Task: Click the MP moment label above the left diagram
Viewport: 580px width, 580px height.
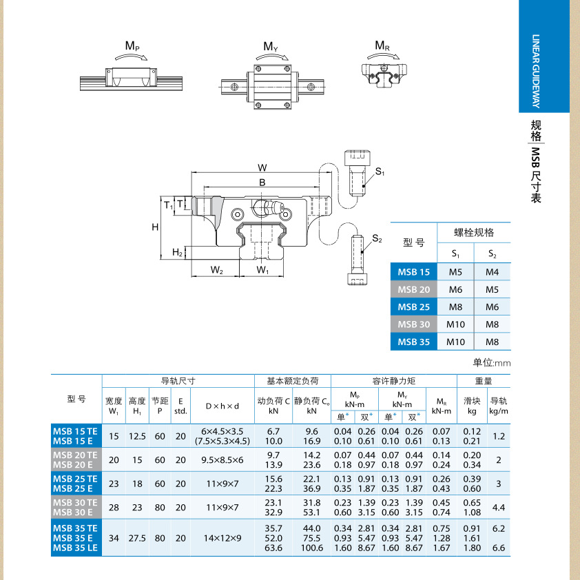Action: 132,46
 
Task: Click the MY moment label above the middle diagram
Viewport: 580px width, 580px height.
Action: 271,47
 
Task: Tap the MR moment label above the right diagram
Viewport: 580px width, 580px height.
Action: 382,46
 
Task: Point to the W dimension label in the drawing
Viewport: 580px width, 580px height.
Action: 262,167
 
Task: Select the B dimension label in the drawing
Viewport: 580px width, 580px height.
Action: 262,182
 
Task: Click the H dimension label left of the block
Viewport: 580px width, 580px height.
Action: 156,227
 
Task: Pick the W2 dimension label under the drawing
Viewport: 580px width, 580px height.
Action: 216,269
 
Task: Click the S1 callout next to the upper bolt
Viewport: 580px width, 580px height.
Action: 380,172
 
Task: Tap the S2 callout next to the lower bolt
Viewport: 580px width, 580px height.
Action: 377,238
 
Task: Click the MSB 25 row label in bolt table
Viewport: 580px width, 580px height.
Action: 414,307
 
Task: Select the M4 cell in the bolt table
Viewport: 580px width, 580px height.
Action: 492,272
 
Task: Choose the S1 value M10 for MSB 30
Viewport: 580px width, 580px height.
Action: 456,324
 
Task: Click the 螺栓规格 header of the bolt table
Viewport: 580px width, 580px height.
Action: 474,232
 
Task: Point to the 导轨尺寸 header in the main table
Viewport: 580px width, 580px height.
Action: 178,380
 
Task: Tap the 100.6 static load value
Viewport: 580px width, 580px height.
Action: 311,548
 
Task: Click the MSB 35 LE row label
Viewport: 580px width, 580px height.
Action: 76,548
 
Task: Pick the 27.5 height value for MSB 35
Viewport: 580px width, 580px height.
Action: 137,538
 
